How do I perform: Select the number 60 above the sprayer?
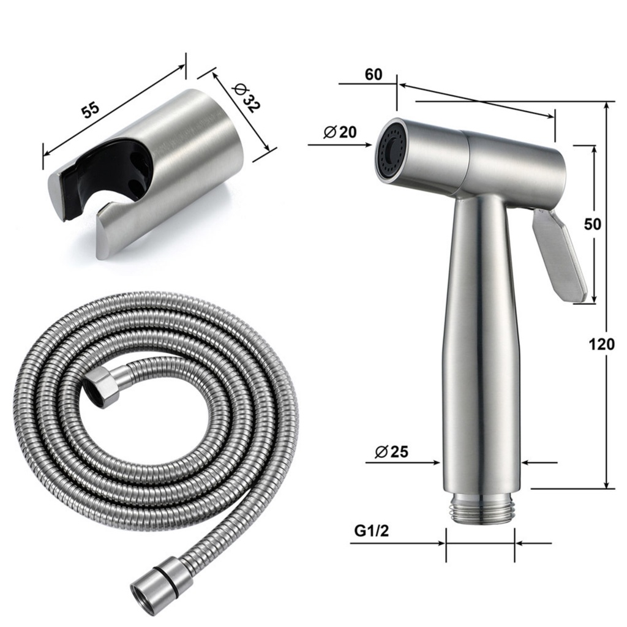pos(374,75)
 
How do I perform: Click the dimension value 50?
pos(592,223)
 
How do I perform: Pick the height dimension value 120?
pos(602,345)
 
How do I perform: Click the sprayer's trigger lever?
pos(558,254)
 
